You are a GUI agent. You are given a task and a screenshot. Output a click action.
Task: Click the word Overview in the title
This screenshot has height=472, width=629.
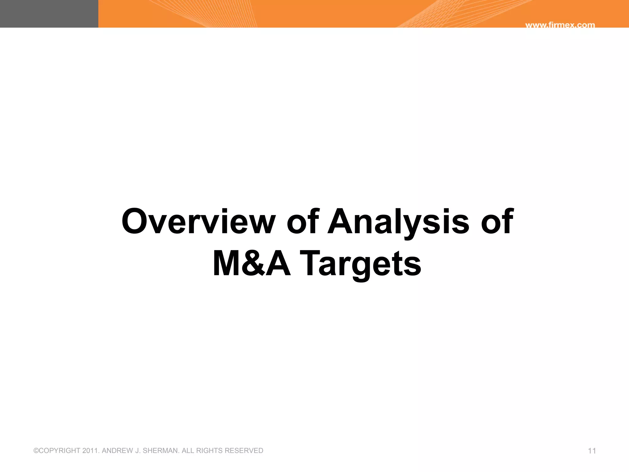point(198,221)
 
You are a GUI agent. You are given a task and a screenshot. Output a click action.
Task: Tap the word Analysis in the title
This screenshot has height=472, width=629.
point(398,221)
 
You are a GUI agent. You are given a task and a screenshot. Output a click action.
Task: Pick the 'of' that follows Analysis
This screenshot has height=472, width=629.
point(497,221)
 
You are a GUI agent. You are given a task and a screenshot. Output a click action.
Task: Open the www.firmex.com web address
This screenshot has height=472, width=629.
point(560,25)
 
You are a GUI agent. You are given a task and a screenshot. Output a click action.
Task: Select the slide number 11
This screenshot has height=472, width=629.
point(592,451)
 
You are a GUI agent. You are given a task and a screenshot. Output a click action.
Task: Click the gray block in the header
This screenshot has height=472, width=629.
point(49,14)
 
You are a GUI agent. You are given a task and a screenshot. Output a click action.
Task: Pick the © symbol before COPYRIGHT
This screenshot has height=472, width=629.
point(36,451)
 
